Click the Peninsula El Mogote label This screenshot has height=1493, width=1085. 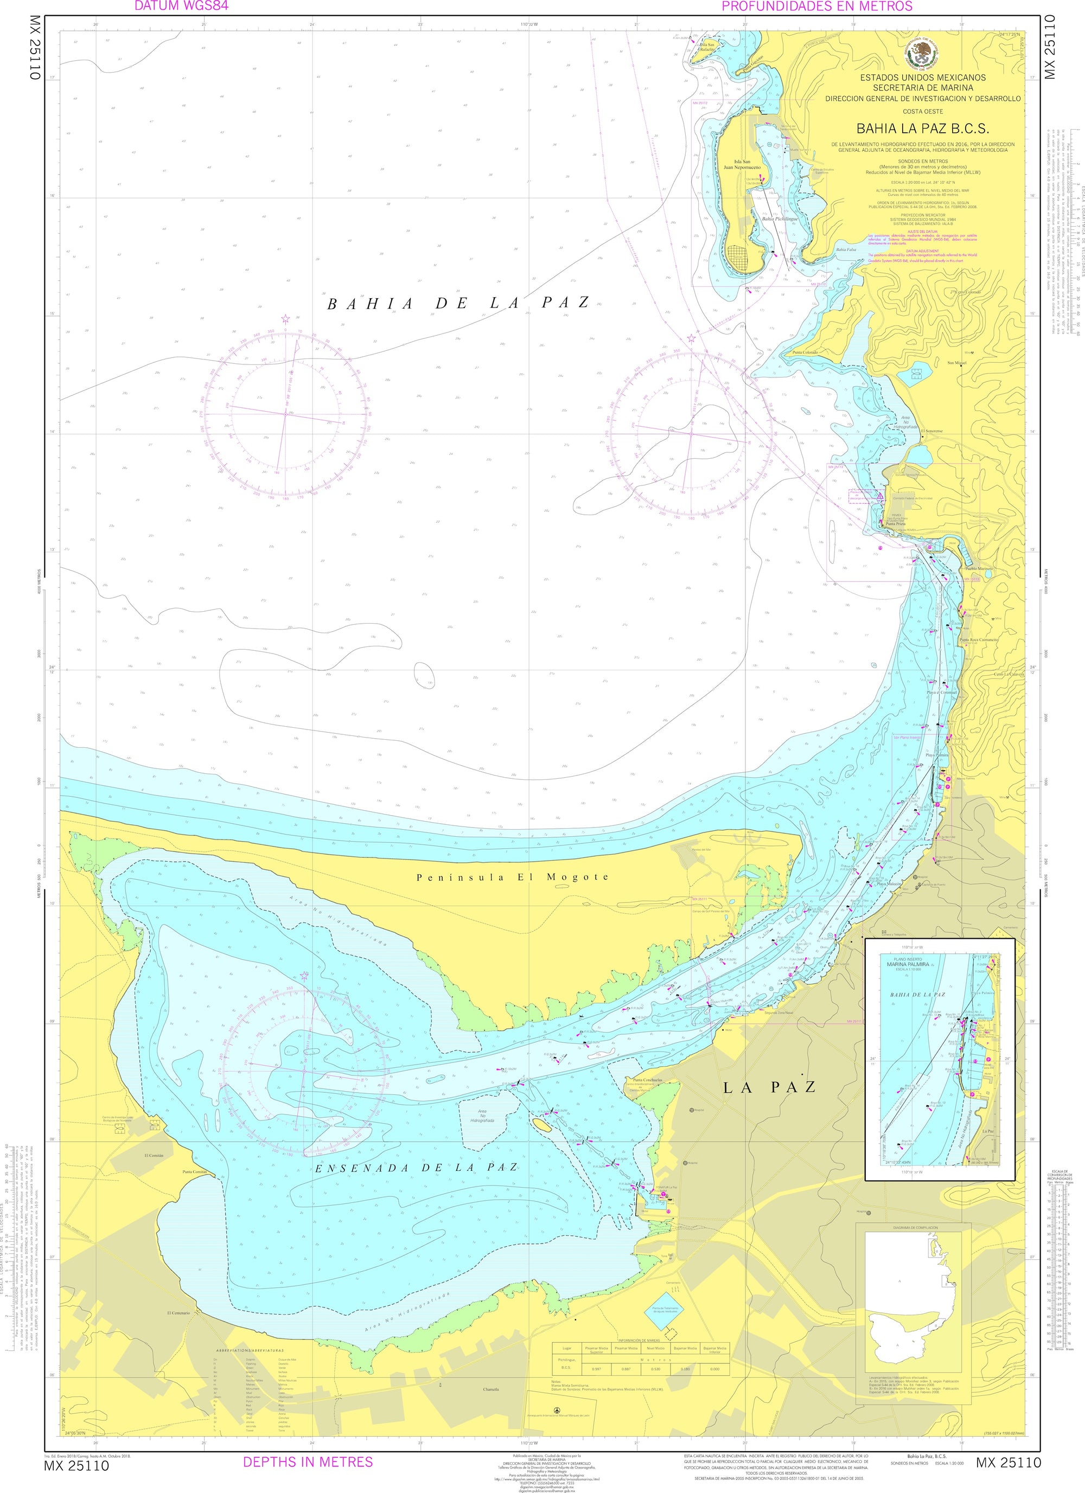tap(512, 877)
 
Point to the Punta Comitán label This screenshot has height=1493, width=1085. tap(195, 1172)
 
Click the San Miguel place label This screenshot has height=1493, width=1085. tap(956, 363)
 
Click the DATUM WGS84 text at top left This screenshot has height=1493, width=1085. tap(173, 6)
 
